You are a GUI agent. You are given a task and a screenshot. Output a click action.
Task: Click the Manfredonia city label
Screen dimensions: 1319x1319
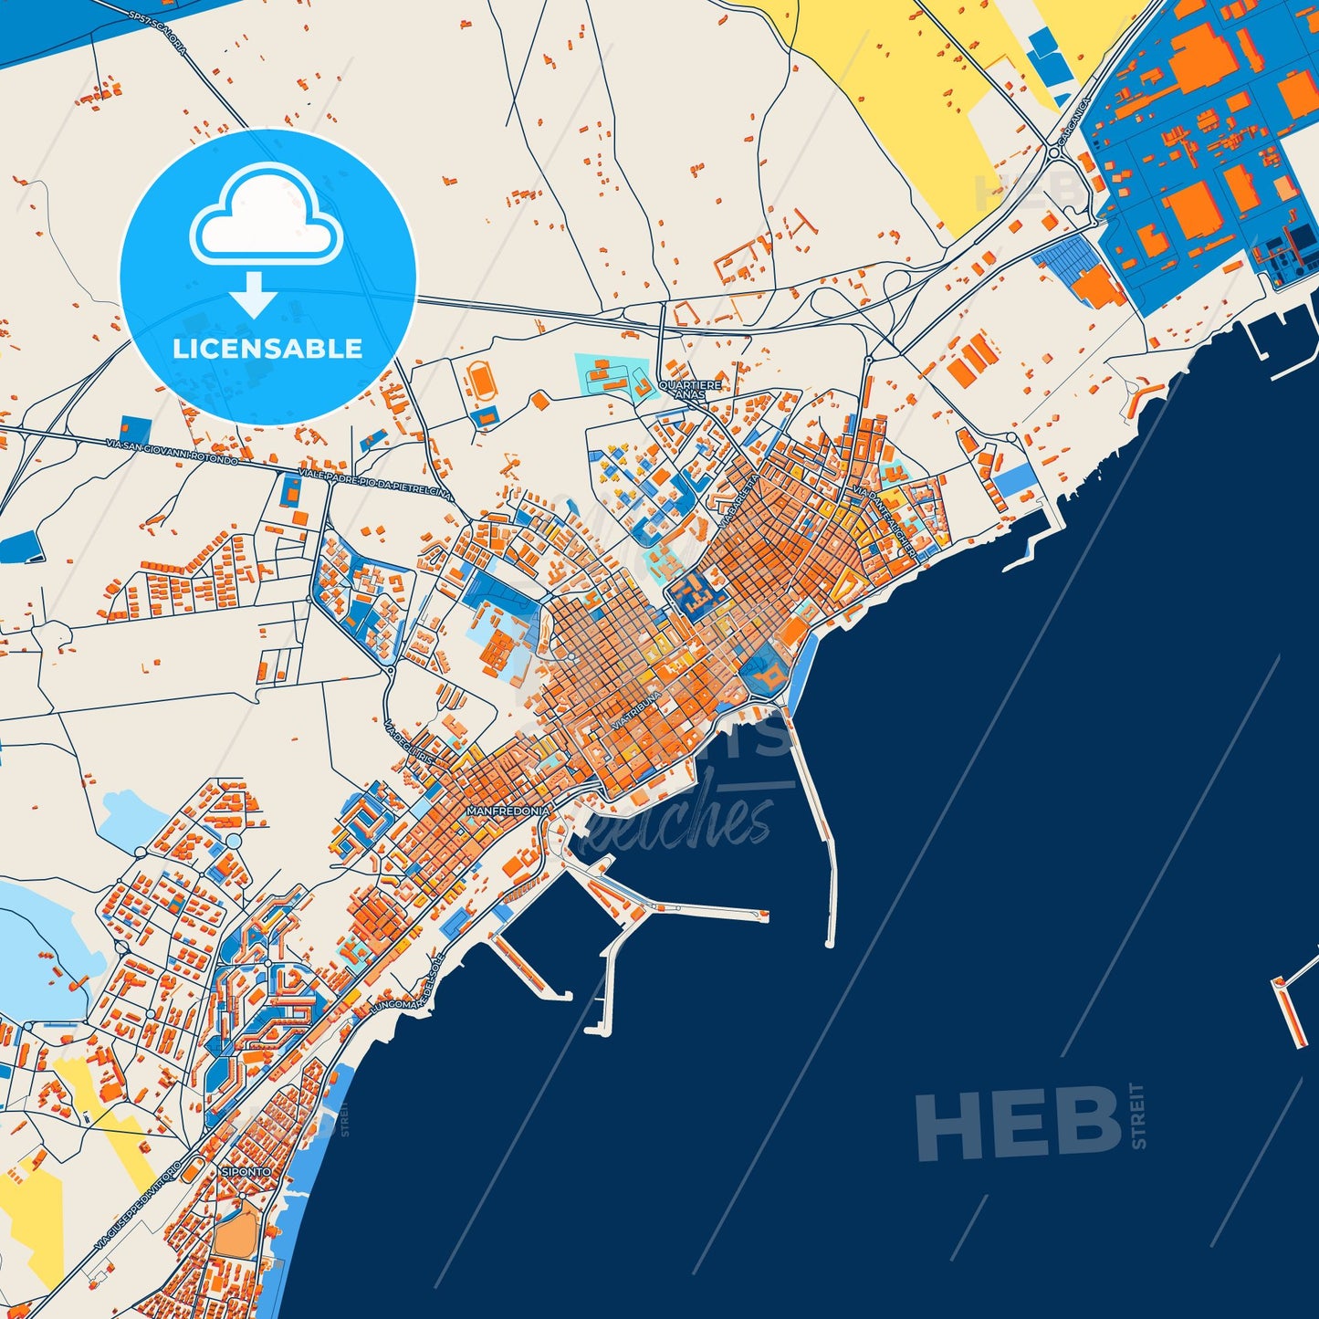pos(508,811)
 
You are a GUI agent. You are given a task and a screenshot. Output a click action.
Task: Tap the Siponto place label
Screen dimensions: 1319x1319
pos(246,1171)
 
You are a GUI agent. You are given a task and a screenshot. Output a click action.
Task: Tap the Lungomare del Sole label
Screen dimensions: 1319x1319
pos(407,984)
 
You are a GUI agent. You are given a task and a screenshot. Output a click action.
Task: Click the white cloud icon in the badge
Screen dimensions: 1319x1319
pos(267,217)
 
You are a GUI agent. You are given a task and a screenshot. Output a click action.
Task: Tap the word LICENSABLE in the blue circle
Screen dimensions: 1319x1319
pos(267,349)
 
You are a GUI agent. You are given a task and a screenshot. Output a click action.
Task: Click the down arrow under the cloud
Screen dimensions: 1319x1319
pos(255,294)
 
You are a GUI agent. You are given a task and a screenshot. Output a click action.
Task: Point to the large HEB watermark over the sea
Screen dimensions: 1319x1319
pos(1018,1122)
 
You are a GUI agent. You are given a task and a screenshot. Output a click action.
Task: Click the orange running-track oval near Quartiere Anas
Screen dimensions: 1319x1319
pos(481,381)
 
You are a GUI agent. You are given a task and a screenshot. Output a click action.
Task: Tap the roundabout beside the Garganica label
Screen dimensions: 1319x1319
pos(1053,152)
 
